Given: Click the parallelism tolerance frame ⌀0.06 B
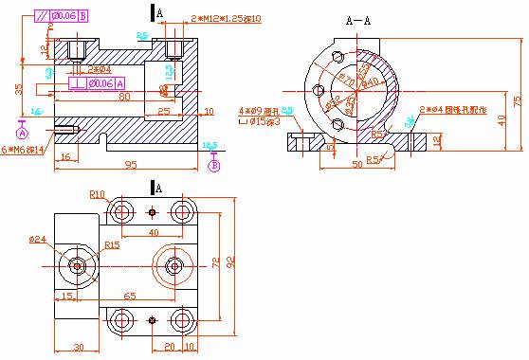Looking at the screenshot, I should click(63, 16).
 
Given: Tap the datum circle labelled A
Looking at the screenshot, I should click(22, 134).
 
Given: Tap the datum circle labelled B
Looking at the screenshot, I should click(213, 165).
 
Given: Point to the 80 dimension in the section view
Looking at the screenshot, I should click(124, 95).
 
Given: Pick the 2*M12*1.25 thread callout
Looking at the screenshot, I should click(227, 19).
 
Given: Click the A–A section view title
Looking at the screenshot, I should click(358, 19).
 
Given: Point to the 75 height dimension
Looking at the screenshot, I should click(517, 100).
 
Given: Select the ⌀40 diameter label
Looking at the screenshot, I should click(371, 82).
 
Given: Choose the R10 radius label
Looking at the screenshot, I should click(97, 194).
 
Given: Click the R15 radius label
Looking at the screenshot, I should click(112, 244).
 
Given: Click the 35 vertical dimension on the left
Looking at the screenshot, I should click(18, 89).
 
